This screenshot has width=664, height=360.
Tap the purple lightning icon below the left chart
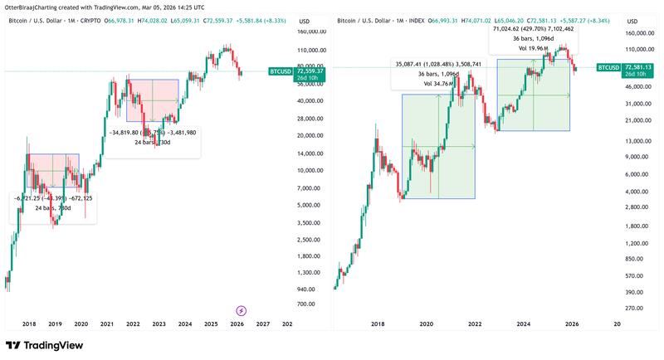(242, 309)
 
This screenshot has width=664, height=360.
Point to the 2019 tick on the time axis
(55, 325)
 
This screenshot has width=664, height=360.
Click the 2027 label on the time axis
(263, 325)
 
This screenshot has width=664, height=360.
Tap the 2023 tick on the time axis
(159, 325)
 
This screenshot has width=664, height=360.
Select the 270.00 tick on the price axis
(636, 309)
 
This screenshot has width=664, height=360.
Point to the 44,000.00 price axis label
(637, 85)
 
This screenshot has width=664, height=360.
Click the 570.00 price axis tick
(636, 275)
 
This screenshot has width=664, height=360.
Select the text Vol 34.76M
(437, 83)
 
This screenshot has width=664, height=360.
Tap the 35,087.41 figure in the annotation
(411, 63)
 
